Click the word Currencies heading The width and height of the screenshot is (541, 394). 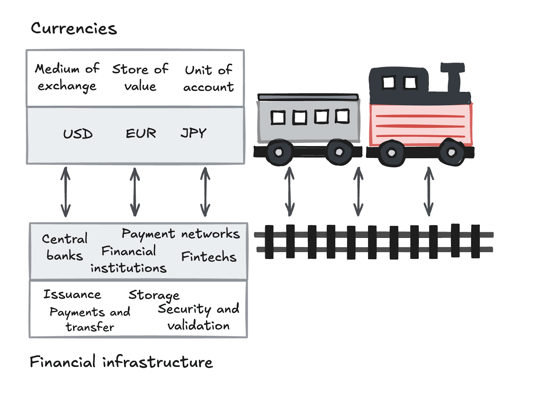(x=74, y=28)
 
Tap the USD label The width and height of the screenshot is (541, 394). (x=78, y=134)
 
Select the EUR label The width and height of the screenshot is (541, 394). (x=141, y=133)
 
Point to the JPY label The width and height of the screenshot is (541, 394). (x=193, y=133)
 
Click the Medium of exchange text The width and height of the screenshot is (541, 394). (x=67, y=77)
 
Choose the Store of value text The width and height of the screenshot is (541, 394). (x=140, y=77)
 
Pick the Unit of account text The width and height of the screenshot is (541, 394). (x=208, y=78)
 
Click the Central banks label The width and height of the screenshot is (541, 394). (x=65, y=247)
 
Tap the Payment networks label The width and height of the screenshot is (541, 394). (x=181, y=233)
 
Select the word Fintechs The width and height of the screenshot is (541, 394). (x=209, y=256)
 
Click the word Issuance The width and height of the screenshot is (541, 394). (x=72, y=294)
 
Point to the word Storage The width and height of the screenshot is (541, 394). (x=154, y=295)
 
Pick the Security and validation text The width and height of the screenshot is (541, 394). (x=198, y=317)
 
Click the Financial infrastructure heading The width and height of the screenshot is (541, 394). (x=121, y=362)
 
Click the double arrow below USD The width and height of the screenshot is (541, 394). (x=66, y=192)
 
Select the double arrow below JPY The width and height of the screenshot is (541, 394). (x=205, y=192)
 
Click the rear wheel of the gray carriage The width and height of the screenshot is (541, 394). (x=279, y=152)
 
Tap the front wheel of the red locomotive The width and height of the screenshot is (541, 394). (x=451, y=152)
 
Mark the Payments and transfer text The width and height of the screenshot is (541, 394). (x=90, y=319)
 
